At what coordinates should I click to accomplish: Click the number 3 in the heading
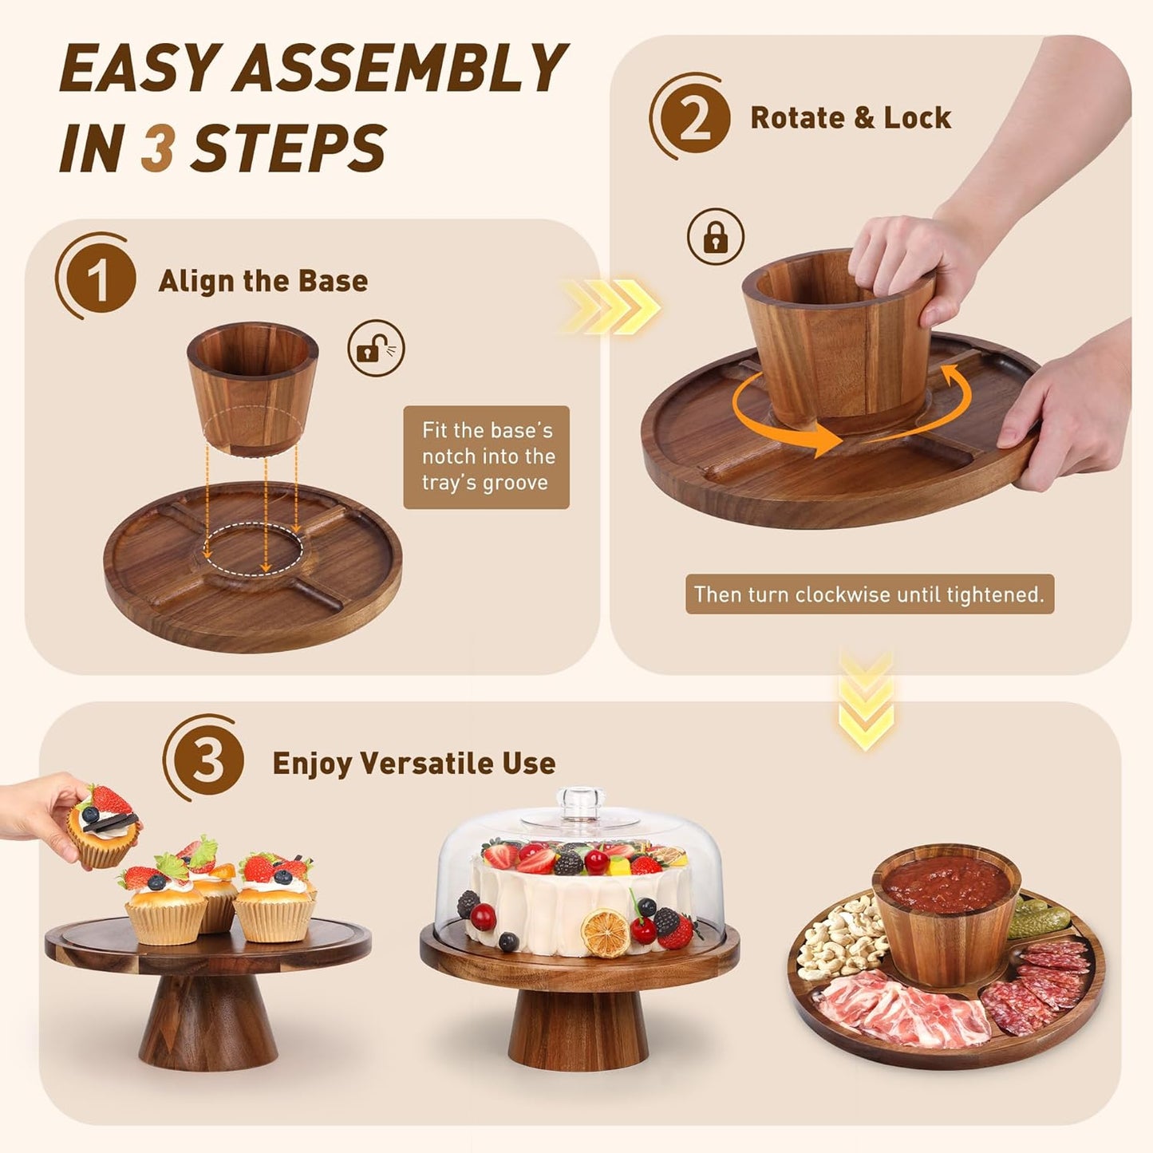tap(157, 148)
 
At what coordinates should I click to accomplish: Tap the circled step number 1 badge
tap(99, 278)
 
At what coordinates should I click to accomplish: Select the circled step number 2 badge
tap(693, 118)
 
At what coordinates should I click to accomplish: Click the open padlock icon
tap(376, 348)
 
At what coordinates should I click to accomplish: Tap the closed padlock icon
tap(716, 236)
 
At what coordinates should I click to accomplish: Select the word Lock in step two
tap(917, 118)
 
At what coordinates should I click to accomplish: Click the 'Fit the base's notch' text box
tap(486, 456)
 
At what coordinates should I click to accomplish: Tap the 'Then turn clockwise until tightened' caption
tap(869, 594)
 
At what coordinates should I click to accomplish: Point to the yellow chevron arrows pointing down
tap(867, 699)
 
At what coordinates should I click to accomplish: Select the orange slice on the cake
tap(605, 932)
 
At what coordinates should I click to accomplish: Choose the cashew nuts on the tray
tap(838, 938)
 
